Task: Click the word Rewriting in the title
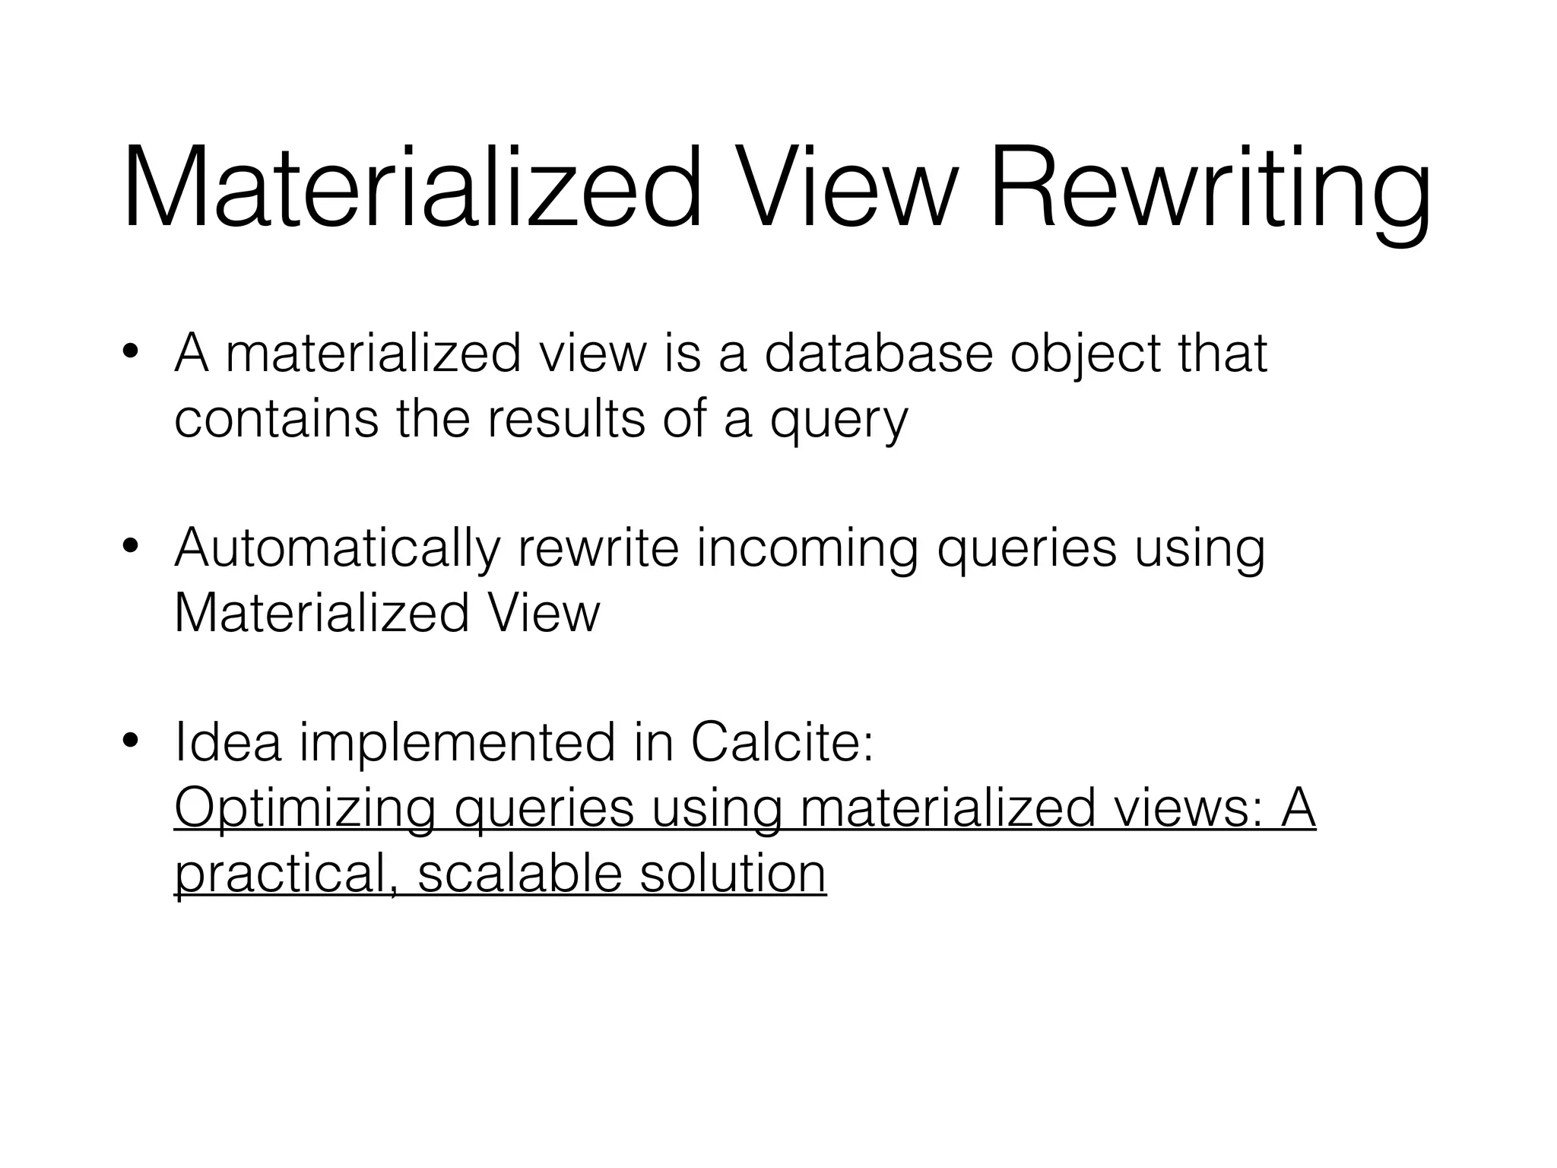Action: pyautogui.click(x=1209, y=190)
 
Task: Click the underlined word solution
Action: pyautogui.click(x=733, y=874)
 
